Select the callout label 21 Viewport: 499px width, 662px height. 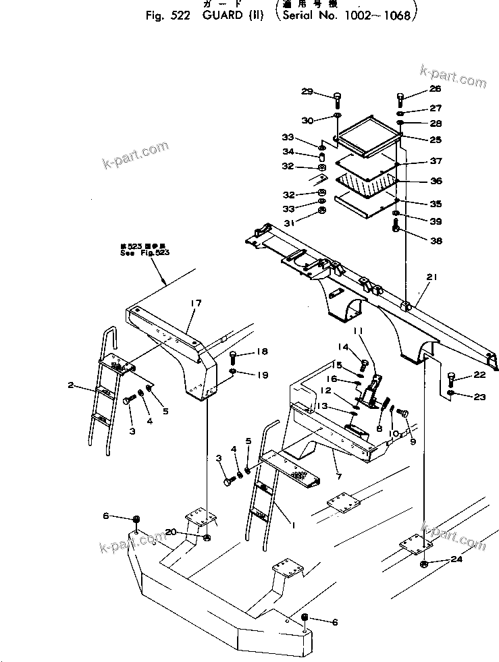tap(432, 277)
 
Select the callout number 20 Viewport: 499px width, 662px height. tap(172, 532)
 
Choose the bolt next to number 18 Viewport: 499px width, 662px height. tap(234, 357)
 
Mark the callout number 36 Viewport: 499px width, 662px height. tap(436, 181)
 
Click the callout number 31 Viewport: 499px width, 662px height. tap(307, 224)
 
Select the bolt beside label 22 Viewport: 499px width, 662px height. tap(452, 379)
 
